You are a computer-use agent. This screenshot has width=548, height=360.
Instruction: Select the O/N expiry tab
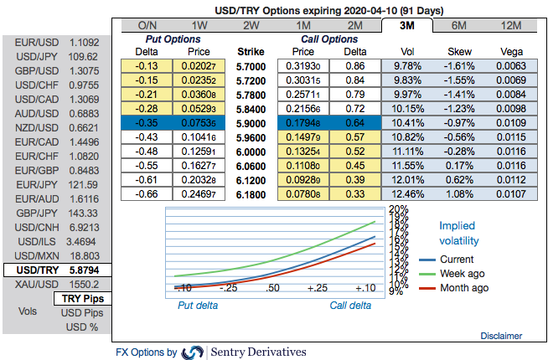[147, 25]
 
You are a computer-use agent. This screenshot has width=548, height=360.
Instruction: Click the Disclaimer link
[502, 336]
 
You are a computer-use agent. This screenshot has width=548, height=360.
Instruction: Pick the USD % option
[81, 326]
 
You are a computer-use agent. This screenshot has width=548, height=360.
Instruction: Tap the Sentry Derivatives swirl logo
[193, 352]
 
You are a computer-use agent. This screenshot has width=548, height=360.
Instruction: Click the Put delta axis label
[197, 306]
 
